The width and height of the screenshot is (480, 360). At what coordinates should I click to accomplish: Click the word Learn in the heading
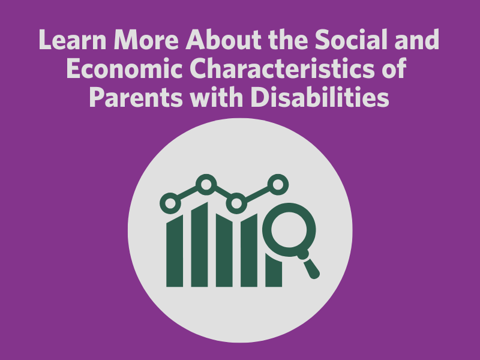point(73,40)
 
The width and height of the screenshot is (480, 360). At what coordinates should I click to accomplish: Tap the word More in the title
point(146,40)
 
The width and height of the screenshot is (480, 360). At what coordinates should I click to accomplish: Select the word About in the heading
point(223,40)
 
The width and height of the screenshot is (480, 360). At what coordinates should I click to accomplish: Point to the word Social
point(351,40)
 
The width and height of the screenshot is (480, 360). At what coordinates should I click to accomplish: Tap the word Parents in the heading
point(136,97)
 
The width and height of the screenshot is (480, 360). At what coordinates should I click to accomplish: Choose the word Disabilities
point(320,97)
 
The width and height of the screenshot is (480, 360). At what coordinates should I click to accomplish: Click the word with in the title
point(217,97)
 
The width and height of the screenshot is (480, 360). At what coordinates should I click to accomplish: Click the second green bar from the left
point(199,245)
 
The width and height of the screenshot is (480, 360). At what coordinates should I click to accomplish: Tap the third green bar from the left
point(224,250)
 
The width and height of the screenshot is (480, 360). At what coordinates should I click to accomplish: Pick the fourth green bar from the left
point(249,250)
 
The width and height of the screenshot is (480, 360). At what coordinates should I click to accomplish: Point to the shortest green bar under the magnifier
point(274,271)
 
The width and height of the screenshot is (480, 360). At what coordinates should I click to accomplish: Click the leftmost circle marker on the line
point(170,203)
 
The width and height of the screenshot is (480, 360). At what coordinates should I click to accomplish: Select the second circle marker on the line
point(206,185)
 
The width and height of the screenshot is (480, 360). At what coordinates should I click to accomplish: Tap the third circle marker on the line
point(236,203)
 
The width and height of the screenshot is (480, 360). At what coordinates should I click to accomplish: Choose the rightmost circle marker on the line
point(278,185)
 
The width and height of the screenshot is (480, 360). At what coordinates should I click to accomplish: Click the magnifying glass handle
point(310,266)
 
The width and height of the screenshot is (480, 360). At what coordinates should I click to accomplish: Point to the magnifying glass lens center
point(289,230)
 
